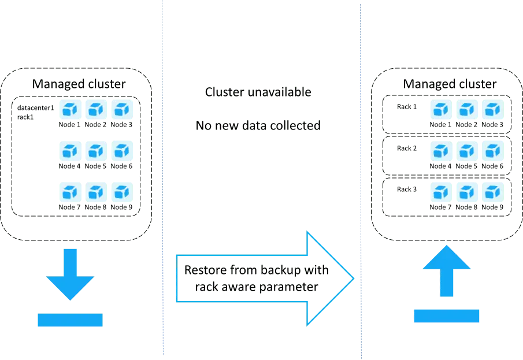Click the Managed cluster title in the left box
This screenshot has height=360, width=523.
pyautogui.click(x=78, y=84)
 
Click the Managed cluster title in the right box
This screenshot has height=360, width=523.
pyautogui.click(x=448, y=84)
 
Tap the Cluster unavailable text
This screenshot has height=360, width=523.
pyautogui.click(x=259, y=91)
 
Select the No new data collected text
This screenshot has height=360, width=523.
pyautogui.click(x=258, y=125)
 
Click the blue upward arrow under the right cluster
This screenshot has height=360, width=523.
pyautogui.click(x=446, y=272)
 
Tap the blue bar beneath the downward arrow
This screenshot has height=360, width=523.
pyautogui.click(x=70, y=320)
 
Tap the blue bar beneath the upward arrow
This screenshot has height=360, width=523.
pyautogui.click(x=446, y=316)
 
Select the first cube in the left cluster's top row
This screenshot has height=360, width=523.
pyautogui.click(x=69, y=109)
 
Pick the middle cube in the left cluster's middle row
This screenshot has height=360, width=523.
pyautogui.click(x=95, y=151)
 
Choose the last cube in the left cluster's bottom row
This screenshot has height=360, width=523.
pyautogui.click(x=121, y=192)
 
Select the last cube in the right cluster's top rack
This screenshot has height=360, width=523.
pyautogui.click(x=492, y=109)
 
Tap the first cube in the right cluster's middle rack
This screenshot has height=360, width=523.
pyautogui.click(x=441, y=151)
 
